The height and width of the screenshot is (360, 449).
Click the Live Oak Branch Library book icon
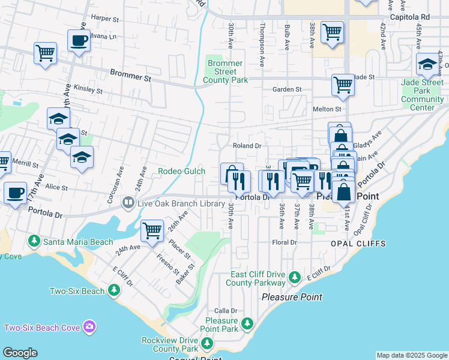[x=127, y=203]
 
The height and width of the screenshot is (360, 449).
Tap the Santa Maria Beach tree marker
[x=34, y=241]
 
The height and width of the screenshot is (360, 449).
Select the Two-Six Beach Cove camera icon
[x=89, y=327]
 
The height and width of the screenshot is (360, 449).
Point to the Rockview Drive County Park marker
[x=207, y=343]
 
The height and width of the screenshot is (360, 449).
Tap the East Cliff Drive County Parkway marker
[x=294, y=277]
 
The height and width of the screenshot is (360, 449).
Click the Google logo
[x=20, y=353]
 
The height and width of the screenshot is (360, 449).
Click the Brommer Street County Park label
[x=224, y=71]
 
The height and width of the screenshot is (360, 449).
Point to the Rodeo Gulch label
[x=181, y=171]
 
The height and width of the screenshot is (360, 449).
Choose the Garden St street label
[x=287, y=89]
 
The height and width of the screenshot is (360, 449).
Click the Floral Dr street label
[x=285, y=242]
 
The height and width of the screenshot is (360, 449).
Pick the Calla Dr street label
[x=226, y=311]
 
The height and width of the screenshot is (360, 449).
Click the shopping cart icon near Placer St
[x=152, y=230]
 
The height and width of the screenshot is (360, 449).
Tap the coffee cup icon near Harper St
[x=79, y=41]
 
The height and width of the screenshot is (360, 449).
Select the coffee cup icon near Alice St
[x=16, y=193]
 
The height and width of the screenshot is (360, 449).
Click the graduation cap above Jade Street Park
[x=427, y=64]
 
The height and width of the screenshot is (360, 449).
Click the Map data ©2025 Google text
[x=412, y=355]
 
